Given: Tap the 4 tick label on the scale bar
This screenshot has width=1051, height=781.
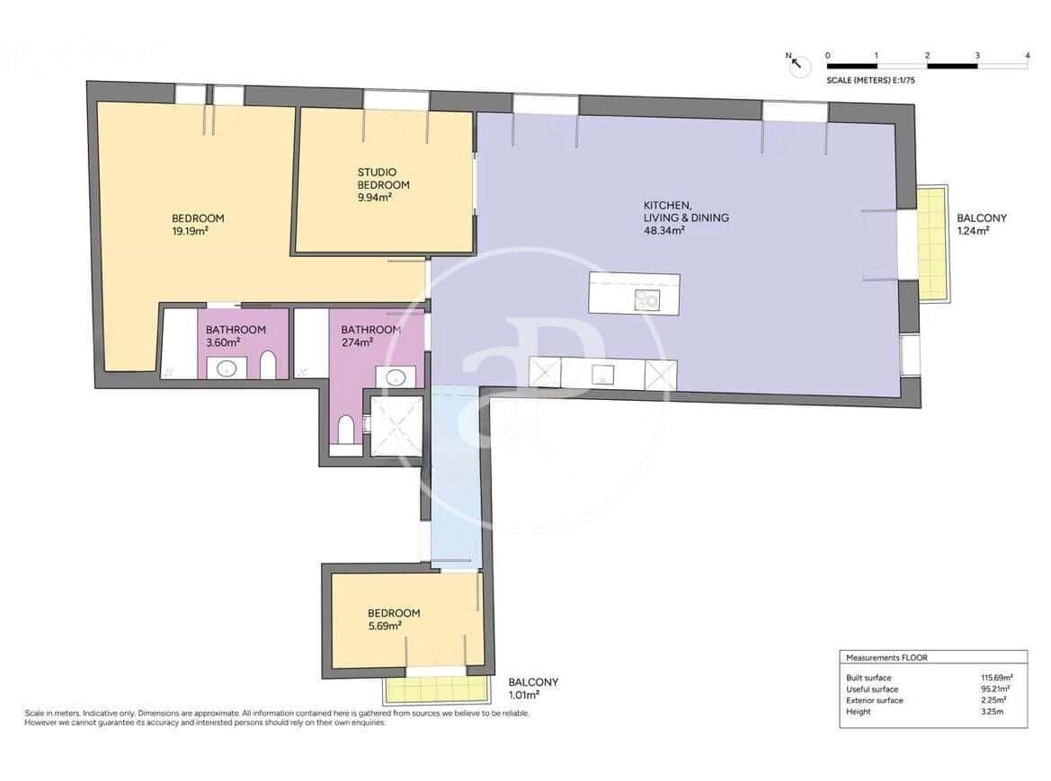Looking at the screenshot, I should (1027, 56).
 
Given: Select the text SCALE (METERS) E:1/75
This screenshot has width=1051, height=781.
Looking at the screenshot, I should (870, 80).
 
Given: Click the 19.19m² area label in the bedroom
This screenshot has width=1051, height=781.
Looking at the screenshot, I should (190, 231).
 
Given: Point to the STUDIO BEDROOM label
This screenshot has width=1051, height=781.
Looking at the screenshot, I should (377, 178).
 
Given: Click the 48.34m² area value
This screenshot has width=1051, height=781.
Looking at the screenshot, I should (664, 231).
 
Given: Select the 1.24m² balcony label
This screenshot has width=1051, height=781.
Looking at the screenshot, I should (973, 231).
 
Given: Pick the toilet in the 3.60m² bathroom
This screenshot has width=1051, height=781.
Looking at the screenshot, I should (267, 366).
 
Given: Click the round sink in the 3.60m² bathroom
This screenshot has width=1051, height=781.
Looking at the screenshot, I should (226, 367).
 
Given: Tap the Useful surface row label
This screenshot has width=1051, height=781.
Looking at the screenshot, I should (871, 689).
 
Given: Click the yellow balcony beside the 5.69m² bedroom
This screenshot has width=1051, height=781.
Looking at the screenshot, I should (436, 690).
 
